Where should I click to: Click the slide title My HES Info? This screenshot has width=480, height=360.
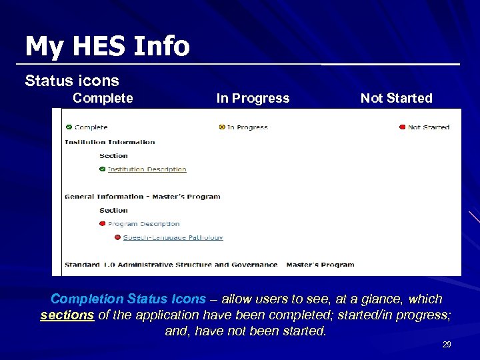tap(107, 46)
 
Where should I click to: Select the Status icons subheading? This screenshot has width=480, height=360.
tap(72, 81)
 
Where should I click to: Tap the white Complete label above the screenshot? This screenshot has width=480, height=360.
tap(103, 98)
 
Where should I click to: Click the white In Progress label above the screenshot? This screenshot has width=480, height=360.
tap(253, 98)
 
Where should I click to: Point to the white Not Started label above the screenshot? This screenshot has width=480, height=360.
tap(396, 98)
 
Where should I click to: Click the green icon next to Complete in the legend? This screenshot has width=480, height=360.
tap(69, 127)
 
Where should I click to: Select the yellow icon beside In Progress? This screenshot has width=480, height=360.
tap(222, 127)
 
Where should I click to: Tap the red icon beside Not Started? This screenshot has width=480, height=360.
tap(402, 127)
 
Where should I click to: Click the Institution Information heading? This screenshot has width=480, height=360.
tap(110, 142)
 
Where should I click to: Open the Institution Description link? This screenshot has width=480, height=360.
tap(147, 169)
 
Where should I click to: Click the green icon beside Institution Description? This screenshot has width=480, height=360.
tap(102, 169)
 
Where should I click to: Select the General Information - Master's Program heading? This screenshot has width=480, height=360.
tap(143, 197)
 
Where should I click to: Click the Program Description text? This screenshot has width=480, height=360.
tap(143, 224)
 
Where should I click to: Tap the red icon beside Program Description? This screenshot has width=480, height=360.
tap(102, 224)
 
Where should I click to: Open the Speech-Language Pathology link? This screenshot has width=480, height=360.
tap(173, 237)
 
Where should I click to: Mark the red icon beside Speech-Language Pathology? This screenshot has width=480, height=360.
tap(117, 237)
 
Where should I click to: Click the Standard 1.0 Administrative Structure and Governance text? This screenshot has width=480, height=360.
tap(171, 265)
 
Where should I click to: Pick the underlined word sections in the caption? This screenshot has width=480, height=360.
tap(67, 315)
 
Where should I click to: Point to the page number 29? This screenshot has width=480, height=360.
tap(447, 345)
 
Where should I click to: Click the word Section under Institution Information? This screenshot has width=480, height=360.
tap(113, 156)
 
